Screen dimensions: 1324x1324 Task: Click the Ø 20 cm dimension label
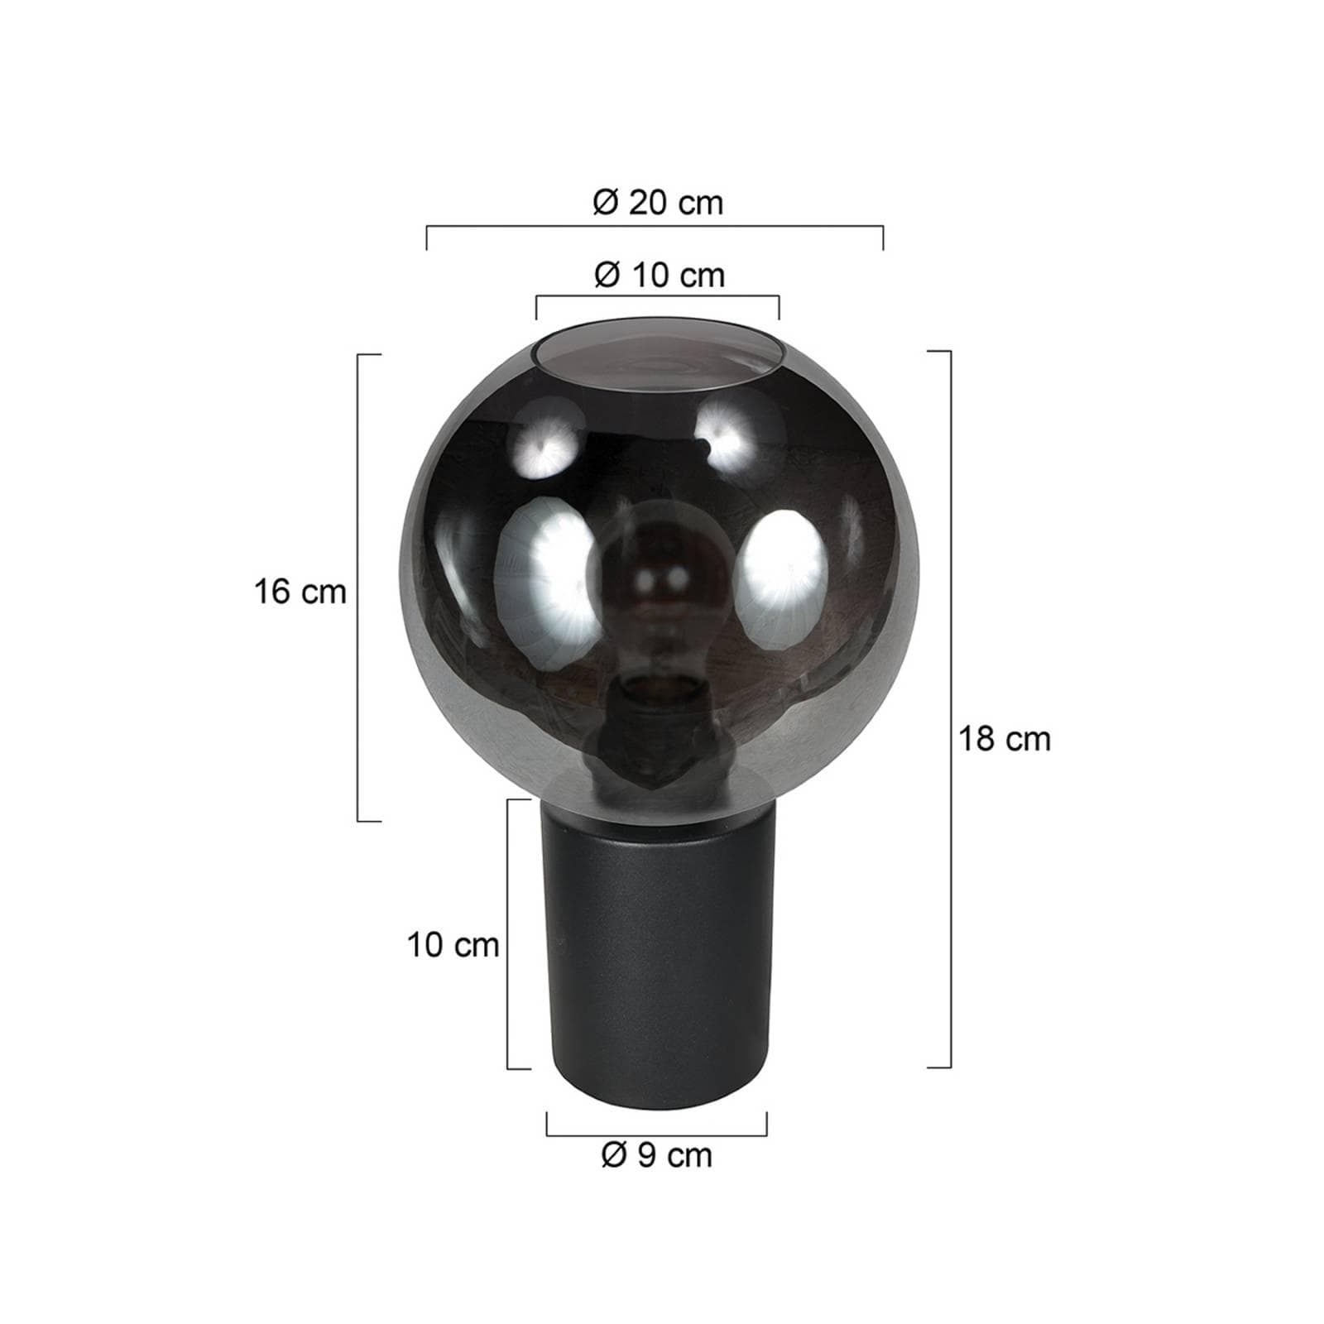tap(658, 203)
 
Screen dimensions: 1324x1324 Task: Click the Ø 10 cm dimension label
tap(660, 275)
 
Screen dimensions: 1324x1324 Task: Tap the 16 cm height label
tap(300, 592)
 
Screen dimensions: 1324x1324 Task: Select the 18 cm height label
tap(1005, 739)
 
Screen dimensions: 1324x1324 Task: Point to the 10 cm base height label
tap(453, 945)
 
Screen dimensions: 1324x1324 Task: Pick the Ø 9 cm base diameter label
tap(657, 1156)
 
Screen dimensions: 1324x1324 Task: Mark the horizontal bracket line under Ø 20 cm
tap(654, 226)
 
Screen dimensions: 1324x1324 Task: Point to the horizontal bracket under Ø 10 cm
tap(657, 296)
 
